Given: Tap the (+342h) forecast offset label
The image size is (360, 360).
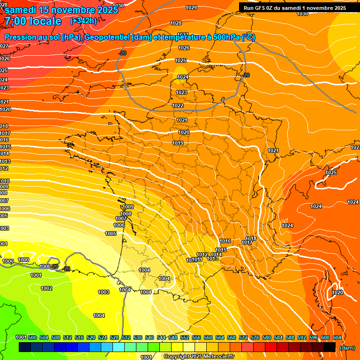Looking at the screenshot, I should point(83,21).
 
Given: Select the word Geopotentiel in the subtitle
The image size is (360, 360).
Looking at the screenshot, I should point(107,37).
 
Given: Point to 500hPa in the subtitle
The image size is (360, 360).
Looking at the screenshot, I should point(225,37).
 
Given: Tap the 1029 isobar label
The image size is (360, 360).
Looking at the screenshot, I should point(191,7).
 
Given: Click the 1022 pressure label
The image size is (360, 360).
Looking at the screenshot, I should point(178,105).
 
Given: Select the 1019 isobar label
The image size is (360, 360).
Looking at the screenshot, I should point(178,143).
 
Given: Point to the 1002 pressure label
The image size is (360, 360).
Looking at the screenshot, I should point(46,288).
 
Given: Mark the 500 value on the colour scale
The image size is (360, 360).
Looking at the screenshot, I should point(32,337).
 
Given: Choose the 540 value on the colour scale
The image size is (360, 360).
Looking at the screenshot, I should point(150,337).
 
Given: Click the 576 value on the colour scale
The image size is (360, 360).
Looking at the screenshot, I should point(255,337).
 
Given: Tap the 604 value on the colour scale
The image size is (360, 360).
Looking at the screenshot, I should point(337,337).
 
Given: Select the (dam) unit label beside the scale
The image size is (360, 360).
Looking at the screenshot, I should point(347,348).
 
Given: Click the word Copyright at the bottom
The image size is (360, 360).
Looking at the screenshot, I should point(177,357).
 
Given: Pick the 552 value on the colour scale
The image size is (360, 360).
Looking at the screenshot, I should point(185,337).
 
